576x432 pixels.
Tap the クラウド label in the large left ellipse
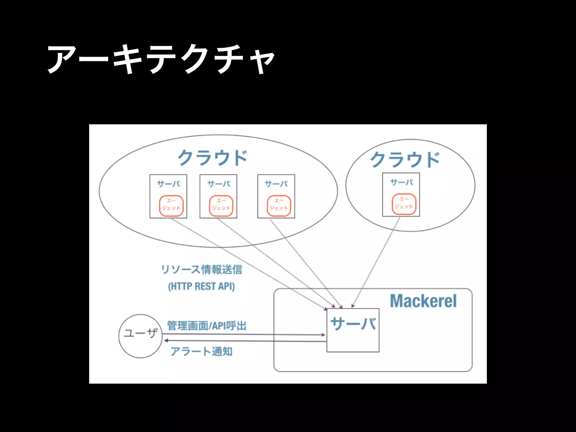click(x=213, y=157)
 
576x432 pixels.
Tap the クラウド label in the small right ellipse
click(x=405, y=159)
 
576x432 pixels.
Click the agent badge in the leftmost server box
click(x=171, y=206)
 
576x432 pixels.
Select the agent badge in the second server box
click(x=221, y=206)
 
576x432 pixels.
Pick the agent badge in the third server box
click(x=279, y=206)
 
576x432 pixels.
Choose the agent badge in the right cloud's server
click(x=404, y=204)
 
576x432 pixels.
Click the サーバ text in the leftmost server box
click(x=168, y=184)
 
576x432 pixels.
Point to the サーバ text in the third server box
click(x=276, y=184)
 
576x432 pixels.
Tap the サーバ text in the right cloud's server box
click(x=402, y=182)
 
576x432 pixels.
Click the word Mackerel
click(x=423, y=301)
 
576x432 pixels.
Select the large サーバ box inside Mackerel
click(x=353, y=330)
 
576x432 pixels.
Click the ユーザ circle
click(x=141, y=336)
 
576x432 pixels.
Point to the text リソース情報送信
click(x=201, y=269)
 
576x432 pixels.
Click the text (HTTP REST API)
click(x=201, y=286)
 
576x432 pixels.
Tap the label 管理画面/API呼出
click(x=207, y=326)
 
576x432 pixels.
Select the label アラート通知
click(x=201, y=351)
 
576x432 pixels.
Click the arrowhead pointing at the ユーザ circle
click(x=166, y=341)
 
